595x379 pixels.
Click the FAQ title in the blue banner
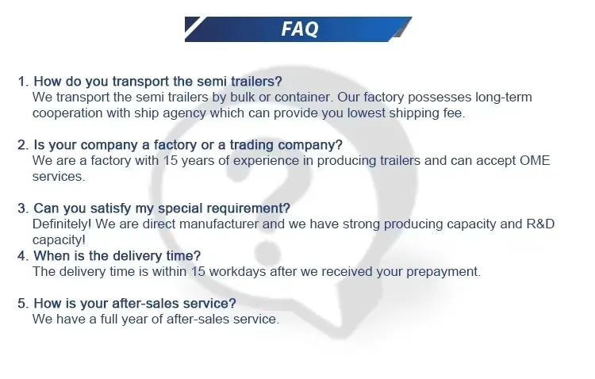click(x=299, y=29)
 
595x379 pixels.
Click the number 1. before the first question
click(x=23, y=82)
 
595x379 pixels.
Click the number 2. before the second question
click(x=23, y=145)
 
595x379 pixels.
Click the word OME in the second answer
click(x=534, y=161)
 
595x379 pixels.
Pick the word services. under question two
click(x=58, y=177)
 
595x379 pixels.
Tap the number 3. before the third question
click(x=23, y=209)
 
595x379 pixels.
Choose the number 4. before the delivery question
click(x=23, y=256)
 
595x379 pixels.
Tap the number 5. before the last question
click(x=23, y=304)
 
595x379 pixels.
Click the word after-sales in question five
click(x=152, y=304)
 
